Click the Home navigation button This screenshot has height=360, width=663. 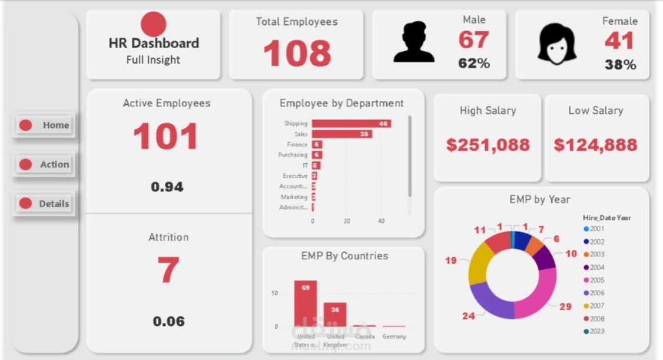tap(44, 125)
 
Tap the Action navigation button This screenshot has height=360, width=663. tap(44, 164)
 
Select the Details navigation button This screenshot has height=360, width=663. tap(44, 203)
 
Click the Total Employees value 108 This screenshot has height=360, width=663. tap(297, 53)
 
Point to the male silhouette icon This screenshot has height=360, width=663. tap(414, 42)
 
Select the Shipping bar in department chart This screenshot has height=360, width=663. tap(351, 123)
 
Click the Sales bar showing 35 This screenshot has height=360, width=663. tap(342, 134)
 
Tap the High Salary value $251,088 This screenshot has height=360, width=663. tap(488, 145)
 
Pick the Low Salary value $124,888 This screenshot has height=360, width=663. tap(595, 145)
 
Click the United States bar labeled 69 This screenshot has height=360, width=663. tap(306, 303)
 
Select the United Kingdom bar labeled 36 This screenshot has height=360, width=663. tap(335, 315)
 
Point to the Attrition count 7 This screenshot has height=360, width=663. tap(168, 270)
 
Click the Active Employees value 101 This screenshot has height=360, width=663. tap(165, 137)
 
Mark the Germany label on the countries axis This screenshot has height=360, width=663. tap(394, 336)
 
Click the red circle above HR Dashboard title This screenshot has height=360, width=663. tap(154, 24)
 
